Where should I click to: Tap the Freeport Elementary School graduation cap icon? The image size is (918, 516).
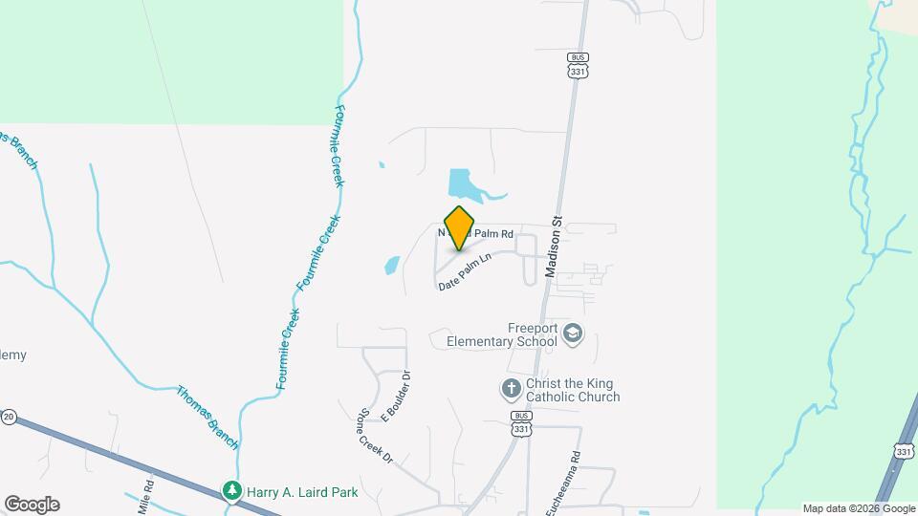coord(573,333)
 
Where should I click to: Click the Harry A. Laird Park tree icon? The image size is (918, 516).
coord(231,491)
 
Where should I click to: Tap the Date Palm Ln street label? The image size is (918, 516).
coord(465,271)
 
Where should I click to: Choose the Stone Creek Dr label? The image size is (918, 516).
coord(363,437)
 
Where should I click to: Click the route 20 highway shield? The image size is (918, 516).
coord(9,417)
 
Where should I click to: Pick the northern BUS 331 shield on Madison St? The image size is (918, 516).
coord(576,65)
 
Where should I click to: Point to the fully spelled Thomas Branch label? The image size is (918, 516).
coord(208,417)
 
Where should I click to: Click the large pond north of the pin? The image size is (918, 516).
coord(463,184)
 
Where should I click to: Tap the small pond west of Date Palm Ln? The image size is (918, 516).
coord(392,265)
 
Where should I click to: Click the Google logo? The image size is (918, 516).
coord(32,505)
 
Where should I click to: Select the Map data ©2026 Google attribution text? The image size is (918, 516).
coord(858,508)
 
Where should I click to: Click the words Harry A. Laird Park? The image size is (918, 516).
coord(302,492)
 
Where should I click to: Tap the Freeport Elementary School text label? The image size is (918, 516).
coord(509,333)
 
